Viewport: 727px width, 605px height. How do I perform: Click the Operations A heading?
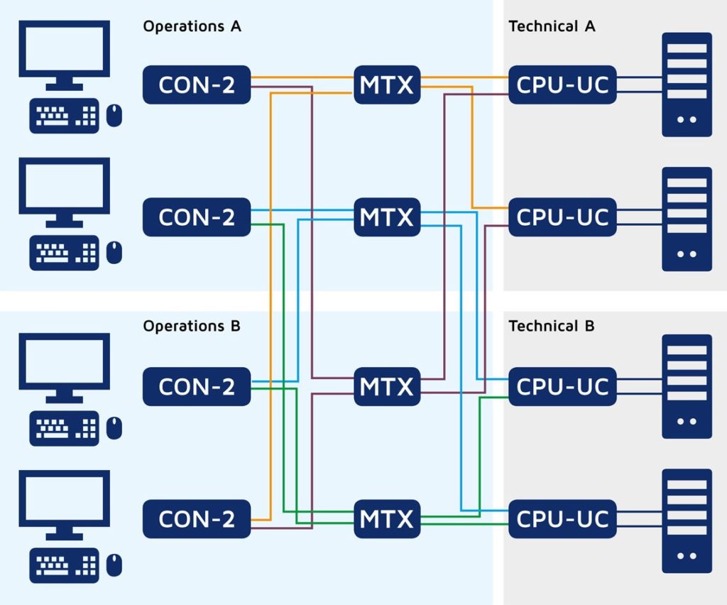[192, 26]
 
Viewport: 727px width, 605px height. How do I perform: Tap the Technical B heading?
[552, 326]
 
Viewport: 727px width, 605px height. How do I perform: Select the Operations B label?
[192, 326]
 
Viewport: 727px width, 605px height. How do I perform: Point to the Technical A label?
[552, 26]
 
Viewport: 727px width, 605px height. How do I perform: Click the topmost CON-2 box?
[197, 85]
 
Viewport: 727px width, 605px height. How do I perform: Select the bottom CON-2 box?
[197, 519]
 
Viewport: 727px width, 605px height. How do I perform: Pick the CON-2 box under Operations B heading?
[197, 386]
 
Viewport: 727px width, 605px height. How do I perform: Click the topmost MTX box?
[386, 85]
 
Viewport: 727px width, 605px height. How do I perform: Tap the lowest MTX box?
[386, 519]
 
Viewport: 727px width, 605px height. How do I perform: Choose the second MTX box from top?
[386, 217]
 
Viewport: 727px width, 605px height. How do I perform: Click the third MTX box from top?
[386, 386]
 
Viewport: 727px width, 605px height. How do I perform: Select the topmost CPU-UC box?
[562, 85]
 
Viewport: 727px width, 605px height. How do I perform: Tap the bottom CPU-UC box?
[562, 519]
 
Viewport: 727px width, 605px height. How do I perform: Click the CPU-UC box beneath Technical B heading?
[562, 386]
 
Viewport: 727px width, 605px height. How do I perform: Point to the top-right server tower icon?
[687, 85]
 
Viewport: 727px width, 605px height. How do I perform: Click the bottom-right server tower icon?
[687, 520]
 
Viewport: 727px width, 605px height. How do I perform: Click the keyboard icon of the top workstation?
[64, 116]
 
